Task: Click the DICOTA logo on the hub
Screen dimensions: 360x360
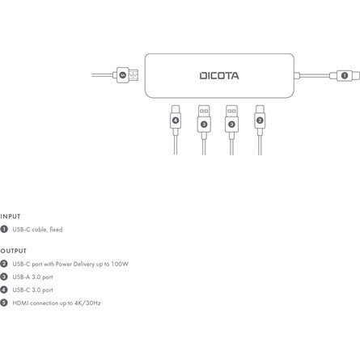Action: click(219, 76)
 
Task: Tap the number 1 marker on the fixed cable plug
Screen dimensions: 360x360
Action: click(345, 75)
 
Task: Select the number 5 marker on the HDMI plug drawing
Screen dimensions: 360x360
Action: click(123, 75)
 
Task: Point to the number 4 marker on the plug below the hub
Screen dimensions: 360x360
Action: click(176, 121)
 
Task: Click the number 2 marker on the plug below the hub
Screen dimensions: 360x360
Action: click(260, 121)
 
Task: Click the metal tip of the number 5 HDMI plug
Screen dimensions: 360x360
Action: click(133, 75)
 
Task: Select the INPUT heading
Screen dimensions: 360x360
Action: click(11, 217)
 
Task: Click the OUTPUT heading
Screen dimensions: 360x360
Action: click(14, 251)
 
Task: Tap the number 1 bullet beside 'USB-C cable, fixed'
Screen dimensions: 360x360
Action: click(4, 229)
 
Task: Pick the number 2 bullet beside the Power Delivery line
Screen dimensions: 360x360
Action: click(4, 264)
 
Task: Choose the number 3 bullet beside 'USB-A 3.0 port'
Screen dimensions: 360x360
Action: click(4, 277)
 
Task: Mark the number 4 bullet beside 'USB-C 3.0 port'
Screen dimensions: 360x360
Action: click(4, 290)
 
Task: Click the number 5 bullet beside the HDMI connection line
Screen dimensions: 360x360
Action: click(4, 303)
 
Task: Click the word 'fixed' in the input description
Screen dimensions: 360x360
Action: click(56, 230)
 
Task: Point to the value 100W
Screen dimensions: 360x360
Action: click(120, 264)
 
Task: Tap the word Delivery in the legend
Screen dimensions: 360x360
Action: click(84, 264)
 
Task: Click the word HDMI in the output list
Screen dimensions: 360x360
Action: click(20, 303)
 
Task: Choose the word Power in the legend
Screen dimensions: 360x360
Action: click(64, 264)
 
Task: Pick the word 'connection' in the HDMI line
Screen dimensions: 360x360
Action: click(44, 303)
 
